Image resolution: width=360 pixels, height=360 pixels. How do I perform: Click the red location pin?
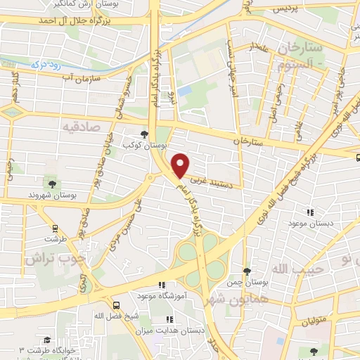[x=181, y=165]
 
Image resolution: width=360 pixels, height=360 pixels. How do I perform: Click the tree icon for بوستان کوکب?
[x=144, y=134]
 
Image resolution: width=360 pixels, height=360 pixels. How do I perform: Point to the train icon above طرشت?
[x=54, y=227]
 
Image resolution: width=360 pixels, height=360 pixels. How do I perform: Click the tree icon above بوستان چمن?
[x=246, y=271]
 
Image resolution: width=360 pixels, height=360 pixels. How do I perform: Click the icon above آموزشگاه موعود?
[x=162, y=285]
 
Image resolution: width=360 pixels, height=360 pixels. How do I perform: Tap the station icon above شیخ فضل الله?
[x=116, y=305]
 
